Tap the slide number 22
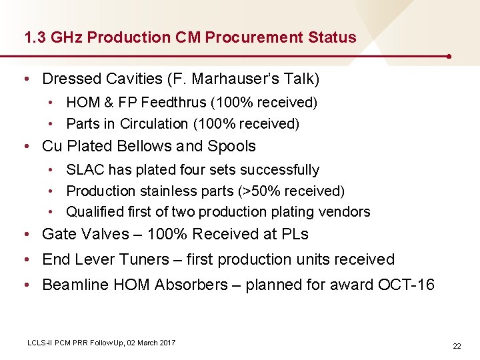[457, 347]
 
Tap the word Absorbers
[190, 285]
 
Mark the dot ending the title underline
[451, 56]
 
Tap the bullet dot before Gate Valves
[25, 234]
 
